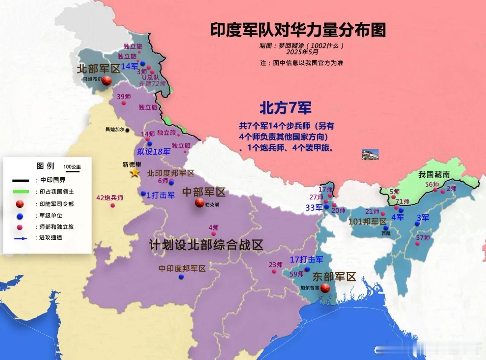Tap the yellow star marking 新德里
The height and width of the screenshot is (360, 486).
click(x=134, y=173)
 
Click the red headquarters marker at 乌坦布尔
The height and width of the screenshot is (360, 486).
click(x=107, y=80)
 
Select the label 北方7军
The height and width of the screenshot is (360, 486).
click(x=285, y=108)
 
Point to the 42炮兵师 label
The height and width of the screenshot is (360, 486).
click(x=110, y=198)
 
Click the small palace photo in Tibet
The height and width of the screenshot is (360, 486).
click(x=370, y=154)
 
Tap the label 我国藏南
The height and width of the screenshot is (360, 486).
click(x=434, y=174)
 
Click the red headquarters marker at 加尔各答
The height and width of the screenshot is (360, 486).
click(x=325, y=288)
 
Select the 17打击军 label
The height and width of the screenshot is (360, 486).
click(x=306, y=260)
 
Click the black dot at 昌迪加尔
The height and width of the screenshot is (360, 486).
click(x=128, y=130)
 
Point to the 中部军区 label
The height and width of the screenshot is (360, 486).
click(x=204, y=192)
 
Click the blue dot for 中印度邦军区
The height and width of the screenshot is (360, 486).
click(x=181, y=277)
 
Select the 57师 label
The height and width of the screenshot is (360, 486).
click(x=423, y=237)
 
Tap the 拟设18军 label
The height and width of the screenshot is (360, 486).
click(x=153, y=152)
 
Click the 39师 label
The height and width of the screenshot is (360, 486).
click(x=124, y=96)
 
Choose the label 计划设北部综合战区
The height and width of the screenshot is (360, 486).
click(x=206, y=245)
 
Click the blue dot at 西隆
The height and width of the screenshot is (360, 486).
click(x=386, y=228)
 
